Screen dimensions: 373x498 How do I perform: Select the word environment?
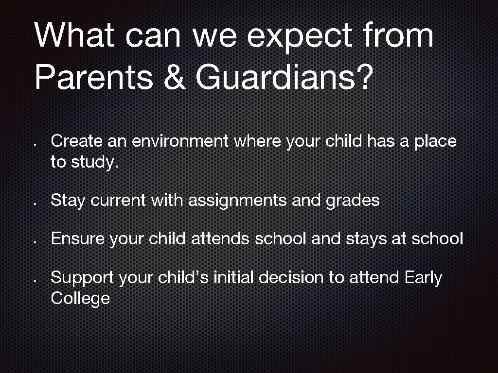point(180,141)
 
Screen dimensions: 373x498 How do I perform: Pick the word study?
point(95,163)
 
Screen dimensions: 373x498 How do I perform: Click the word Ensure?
point(78,239)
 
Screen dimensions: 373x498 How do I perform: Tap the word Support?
point(82,278)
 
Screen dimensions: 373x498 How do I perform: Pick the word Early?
point(423,278)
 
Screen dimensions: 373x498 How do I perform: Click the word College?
point(80,298)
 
